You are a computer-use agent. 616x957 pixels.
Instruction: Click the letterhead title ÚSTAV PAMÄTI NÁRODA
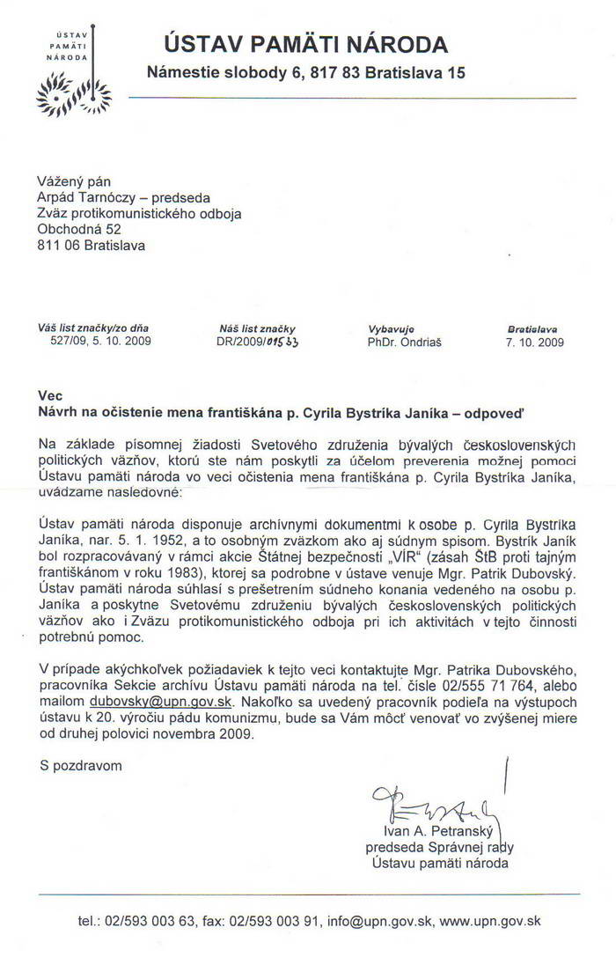(x=305, y=44)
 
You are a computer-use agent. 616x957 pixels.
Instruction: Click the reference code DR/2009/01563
(x=258, y=342)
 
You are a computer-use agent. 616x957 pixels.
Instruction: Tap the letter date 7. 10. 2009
(x=534, y=342)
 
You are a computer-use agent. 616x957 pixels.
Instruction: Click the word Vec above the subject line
(x=51, y=396)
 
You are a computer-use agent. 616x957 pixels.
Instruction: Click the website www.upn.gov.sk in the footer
(x=490, y=922)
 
